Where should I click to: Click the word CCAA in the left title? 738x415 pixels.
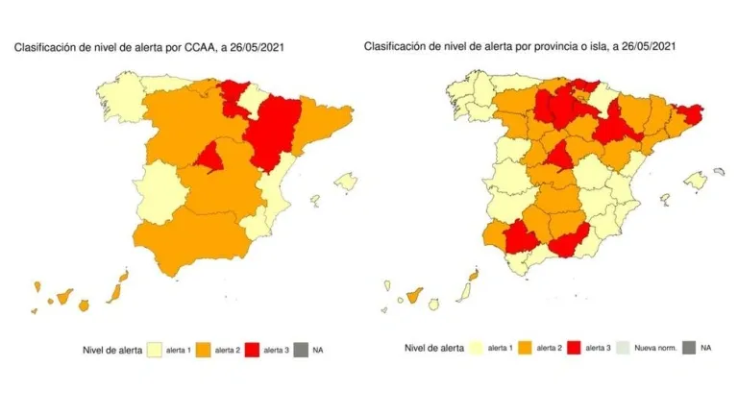[x=205, y=44]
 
